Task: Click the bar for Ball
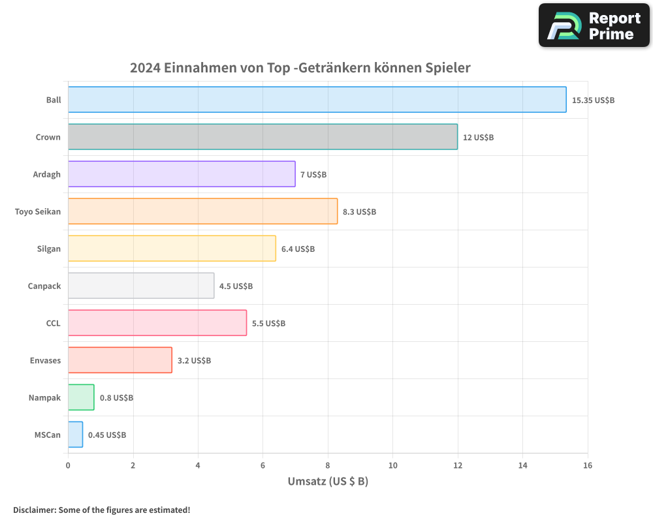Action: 317,100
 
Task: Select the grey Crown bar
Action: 263,137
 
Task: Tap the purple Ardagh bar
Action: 182,174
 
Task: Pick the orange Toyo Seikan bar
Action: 202,211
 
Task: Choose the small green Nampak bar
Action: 81,397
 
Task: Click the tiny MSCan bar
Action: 75,435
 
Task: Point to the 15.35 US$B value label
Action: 593,100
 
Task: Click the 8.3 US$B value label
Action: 359,212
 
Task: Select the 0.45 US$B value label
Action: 107,435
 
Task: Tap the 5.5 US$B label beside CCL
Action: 268,324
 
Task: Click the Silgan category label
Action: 49,249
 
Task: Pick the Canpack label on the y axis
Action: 44,286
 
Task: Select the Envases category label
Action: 45,360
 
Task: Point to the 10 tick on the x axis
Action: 392,465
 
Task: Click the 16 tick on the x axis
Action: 588,465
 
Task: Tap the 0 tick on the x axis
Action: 68,465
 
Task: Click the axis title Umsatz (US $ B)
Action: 328,482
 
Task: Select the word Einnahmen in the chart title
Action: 193,68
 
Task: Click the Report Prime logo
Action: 594,25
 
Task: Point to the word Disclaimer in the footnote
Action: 34,510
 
